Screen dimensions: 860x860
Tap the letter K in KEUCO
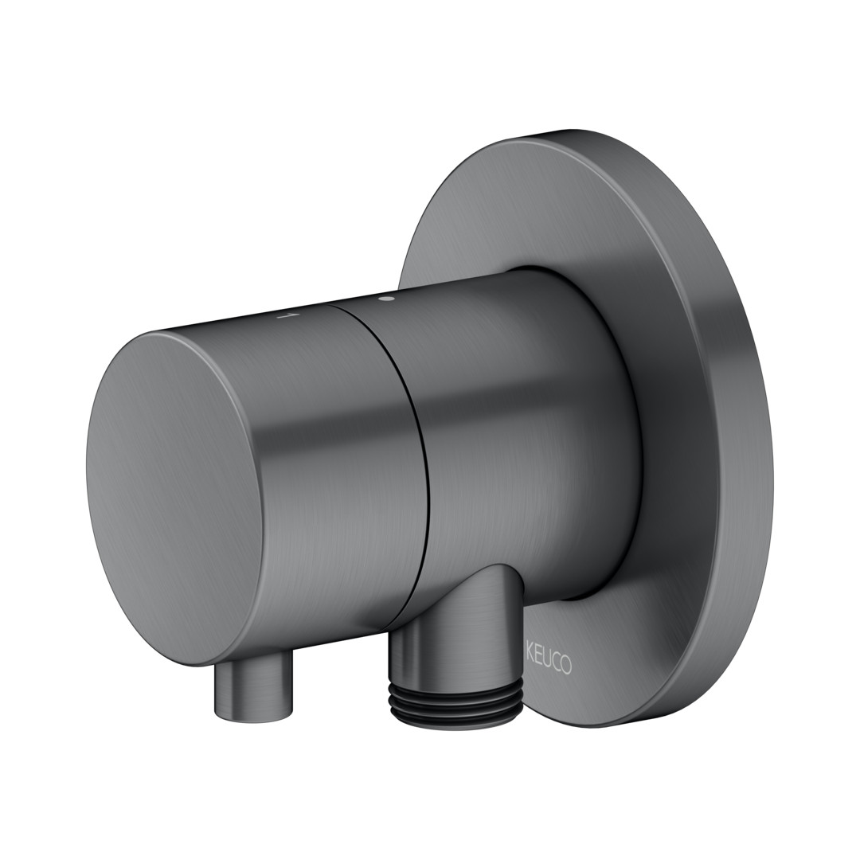pyautogui.click(x=530, y=662)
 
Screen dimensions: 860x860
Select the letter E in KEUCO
pyautogui.click(x=539, y=663)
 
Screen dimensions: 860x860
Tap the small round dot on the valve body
pyautogui.click(x=389, y=299)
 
